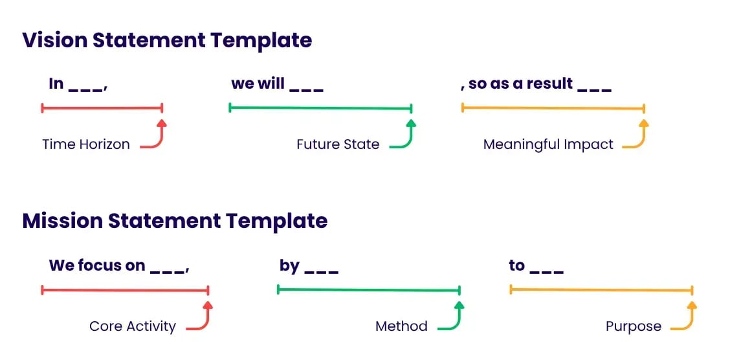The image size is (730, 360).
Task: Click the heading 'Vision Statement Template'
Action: tap(167, 40)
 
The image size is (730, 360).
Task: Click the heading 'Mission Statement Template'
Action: tap(175, 221)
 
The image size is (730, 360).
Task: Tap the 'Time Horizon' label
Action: tap(86, 144)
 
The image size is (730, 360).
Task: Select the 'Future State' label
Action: tap(338, 144)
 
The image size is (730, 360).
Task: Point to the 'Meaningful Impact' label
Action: tap(548, 144)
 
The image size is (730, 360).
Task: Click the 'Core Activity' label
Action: tap(133, 326)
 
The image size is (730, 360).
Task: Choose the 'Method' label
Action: tap(401, 326)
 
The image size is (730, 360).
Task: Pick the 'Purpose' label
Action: tap(634, 326)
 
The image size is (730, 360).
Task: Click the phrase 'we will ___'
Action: tap(277, 84)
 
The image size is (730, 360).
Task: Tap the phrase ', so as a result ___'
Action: tap(536, 84)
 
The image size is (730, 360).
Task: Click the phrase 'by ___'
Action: tap(309, 265)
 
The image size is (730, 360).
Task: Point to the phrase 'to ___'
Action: tap(536, 265)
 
